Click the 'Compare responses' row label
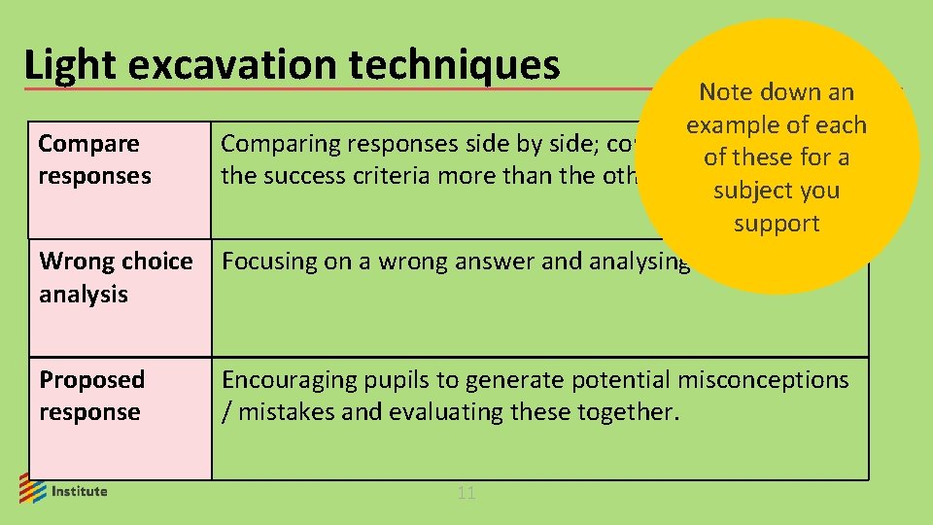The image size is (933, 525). coord(94,159)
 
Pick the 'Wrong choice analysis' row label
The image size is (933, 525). coord(115,277)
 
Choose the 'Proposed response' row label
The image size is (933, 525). coord(91,396)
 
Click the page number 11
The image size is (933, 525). coord(466,493)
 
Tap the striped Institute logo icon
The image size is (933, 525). coord(32,488)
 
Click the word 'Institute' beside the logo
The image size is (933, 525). coord(80,491)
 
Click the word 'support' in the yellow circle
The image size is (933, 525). coord(777,224)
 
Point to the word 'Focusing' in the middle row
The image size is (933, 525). coord(266,262)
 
